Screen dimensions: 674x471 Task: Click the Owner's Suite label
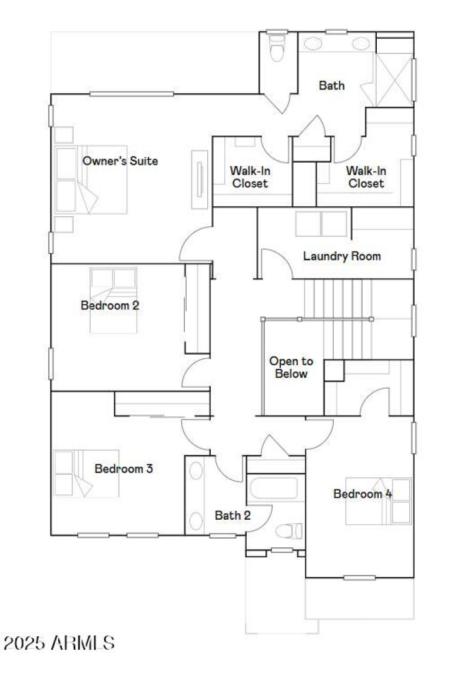click(120, 160)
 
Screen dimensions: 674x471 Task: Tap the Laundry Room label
click(341, 256)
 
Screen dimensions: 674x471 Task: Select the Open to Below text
click(291, 367)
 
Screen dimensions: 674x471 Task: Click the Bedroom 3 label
click(124, 469)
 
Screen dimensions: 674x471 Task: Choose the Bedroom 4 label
click(363, 494)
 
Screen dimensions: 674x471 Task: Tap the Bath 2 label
click(233, 516)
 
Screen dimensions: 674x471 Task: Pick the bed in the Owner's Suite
click(91, 180)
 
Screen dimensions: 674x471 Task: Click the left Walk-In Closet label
click(250, 177)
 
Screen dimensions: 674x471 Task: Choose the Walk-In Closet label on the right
click(366, 177)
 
